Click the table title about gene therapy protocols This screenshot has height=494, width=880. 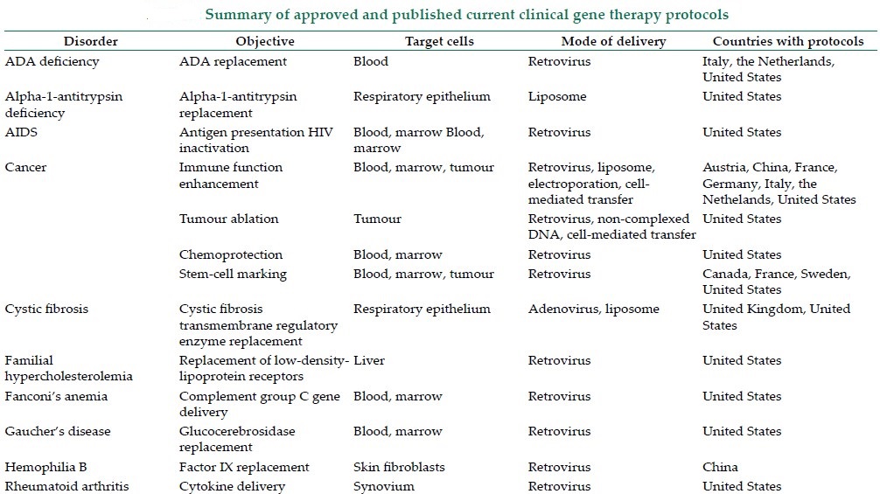point(466,15)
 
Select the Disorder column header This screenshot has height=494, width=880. point(90,41)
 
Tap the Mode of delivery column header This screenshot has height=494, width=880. point(613,41)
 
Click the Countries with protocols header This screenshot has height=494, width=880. point(788,41)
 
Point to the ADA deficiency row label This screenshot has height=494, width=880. point(52,62)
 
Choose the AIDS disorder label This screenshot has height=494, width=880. point(21,132)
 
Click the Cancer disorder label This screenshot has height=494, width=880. point(26,167)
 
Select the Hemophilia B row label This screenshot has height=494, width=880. point(46,467)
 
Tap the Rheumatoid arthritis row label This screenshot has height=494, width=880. point(66,486)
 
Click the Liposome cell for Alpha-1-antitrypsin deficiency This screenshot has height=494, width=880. point(557,96)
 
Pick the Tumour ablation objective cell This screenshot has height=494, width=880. point(228,219)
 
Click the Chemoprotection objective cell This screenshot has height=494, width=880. point(231,254)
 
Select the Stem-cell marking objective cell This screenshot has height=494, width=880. point(233,275)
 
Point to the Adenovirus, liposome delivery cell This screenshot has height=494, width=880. point(594,309)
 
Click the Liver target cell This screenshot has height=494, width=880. point(369,360)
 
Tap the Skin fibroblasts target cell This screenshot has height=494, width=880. point(399,467)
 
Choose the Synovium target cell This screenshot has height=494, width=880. point(384,486)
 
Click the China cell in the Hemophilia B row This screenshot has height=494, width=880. point(720,467)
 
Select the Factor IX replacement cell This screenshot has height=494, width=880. point(244,467)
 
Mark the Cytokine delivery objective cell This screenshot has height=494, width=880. point(233,487)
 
